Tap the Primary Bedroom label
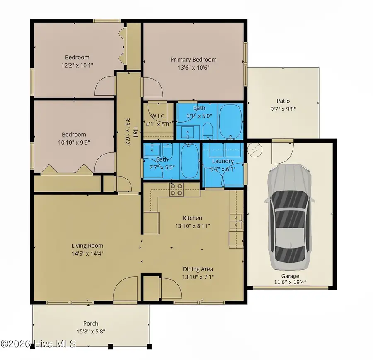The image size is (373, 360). pyautogui.click(x=193, y=60)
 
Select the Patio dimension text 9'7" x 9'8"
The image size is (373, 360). pyautogui.click(x=283, y=109)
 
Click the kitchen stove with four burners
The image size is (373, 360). pyautogui.click(x=176, y=190)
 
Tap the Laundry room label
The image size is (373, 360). pyautogui.click(x=223, y=161)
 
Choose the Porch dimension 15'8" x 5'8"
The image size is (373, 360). pyautogui.click(x=90, y=332)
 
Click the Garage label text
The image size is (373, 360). pyautogui.click(x=290, y=276)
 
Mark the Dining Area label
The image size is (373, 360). pyautogui.click(x=198, y=269)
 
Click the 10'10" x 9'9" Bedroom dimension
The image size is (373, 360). pyautogui.click(x=74, y=142)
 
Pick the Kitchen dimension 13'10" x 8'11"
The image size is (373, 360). pyautogui.click(x=192, y=226)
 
